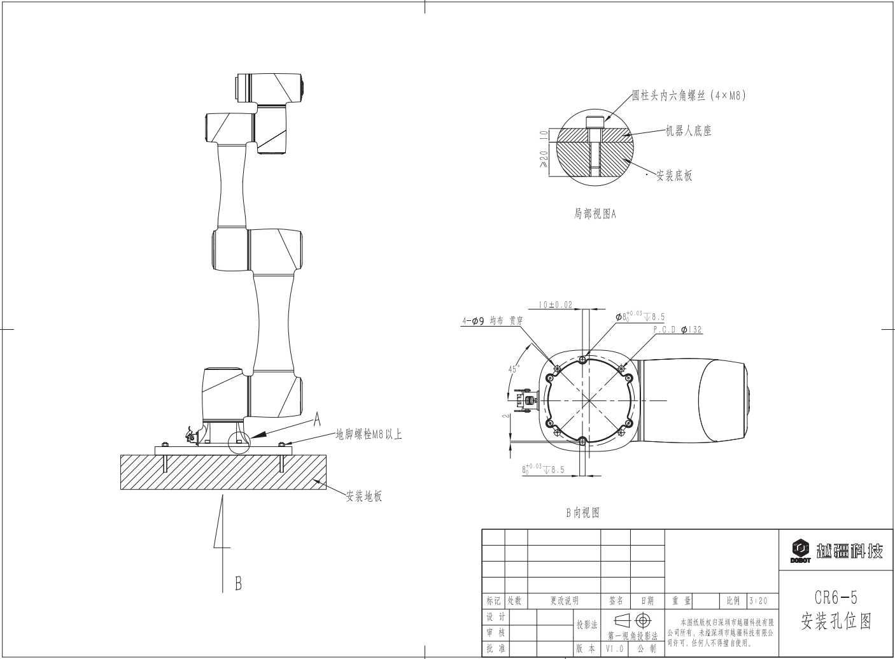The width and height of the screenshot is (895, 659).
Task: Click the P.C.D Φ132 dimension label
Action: point(677,329)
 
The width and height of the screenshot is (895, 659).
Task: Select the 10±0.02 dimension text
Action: point(555,304)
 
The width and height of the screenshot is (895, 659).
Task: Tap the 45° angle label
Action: point(514,369)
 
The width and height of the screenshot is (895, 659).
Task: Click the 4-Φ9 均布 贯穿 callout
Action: point(492,320)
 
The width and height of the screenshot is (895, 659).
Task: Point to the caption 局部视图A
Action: point(595,214)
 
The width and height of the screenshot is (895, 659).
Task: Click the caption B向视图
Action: point(583,513)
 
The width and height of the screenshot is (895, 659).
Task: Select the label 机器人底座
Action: point(688,131)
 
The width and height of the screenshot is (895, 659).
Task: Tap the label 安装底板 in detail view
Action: point(675,176)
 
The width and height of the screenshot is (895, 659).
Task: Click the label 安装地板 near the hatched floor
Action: point(364,496)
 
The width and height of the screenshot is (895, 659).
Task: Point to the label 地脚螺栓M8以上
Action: point(369,434)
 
